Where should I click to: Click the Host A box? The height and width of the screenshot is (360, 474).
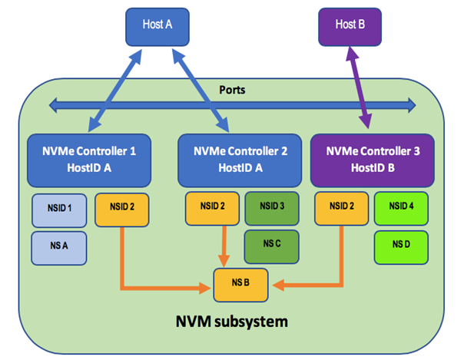point(157,25)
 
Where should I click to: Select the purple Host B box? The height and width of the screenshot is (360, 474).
point(356,25)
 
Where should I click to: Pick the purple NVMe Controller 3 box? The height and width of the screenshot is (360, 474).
point(373,160)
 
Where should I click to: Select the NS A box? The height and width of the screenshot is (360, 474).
point(58,247)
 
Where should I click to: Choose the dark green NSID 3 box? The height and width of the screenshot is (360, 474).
point(271,207)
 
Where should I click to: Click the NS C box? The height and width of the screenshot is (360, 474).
point(271,246)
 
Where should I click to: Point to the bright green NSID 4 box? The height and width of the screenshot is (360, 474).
point(401,207)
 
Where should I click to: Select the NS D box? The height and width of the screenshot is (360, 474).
point(401,246)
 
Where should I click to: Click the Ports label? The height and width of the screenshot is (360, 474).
point(233,91)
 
